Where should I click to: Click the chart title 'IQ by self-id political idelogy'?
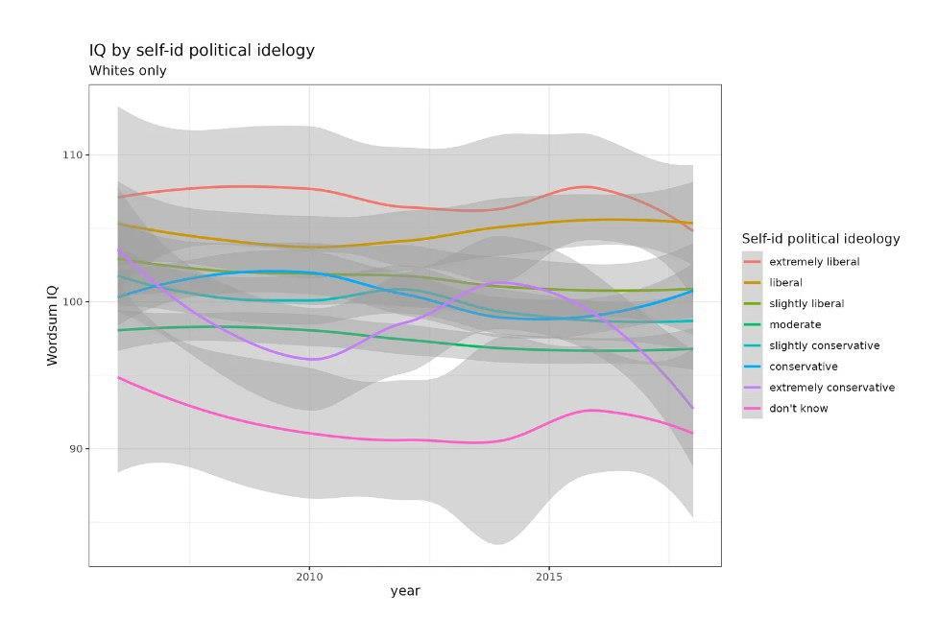coord(202,50)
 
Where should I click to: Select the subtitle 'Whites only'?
coord(128,70)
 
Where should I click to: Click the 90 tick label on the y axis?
coord(76,448)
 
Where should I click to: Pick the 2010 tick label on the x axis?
coord(309,577)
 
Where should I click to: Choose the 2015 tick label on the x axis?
coord(549,577)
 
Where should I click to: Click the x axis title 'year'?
coord(405,591)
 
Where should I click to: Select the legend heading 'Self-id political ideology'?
coord(821,239)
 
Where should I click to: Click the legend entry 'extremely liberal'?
coord(813,261)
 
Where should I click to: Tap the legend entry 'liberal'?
coord(785,282)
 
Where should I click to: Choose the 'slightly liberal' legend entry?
coord(806,303)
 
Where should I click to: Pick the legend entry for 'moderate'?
coord(794,324)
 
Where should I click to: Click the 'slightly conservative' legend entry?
coord(824,345)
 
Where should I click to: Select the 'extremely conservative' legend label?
coord(831,388)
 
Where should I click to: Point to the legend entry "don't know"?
coord(798,409)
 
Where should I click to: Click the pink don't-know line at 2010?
coord(309,434)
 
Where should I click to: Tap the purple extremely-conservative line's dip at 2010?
coord(312,359)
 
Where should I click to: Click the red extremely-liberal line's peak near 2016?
coord(587,186)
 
